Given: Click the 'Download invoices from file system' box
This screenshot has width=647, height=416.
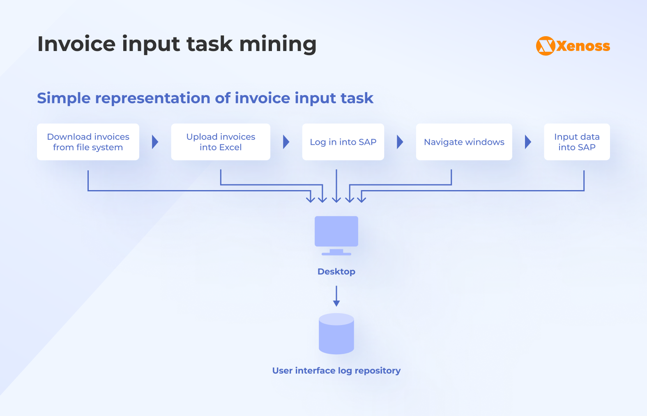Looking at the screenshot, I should tap(88, 142).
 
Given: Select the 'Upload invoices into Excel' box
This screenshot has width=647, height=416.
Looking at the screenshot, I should tap(221, 142).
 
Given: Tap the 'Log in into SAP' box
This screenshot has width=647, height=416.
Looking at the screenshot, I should tap(343, 142).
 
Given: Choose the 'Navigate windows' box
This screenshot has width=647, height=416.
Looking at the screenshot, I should tap(464, 142).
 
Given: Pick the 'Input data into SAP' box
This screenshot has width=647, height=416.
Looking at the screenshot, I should tap(577, 142).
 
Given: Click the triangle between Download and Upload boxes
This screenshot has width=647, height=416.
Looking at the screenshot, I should tap(155, 142).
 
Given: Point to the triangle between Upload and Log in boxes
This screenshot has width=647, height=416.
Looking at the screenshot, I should tap(286, 142).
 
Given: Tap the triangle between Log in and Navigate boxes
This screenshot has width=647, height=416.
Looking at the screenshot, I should tap(400, 142).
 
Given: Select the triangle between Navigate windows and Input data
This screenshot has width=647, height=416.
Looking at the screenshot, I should tap(528, 142).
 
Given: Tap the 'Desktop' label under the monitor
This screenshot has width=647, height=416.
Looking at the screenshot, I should tap(336, 272).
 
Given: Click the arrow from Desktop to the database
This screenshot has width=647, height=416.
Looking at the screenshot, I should tap(336, 296).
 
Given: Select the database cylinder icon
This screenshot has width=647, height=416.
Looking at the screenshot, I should tap(336, 334).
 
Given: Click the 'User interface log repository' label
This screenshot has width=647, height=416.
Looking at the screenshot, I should tap(336, 371).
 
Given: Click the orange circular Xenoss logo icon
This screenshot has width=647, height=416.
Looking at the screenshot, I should tap(546, 46).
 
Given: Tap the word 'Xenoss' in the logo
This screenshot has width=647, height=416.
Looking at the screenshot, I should tap(583, 46).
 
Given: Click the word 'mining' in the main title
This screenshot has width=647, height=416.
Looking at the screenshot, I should tap(278, 44).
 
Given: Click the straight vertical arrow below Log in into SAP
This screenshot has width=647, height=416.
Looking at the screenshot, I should tap(336, 185).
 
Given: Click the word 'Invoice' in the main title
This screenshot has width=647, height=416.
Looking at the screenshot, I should tap(76, 44).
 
